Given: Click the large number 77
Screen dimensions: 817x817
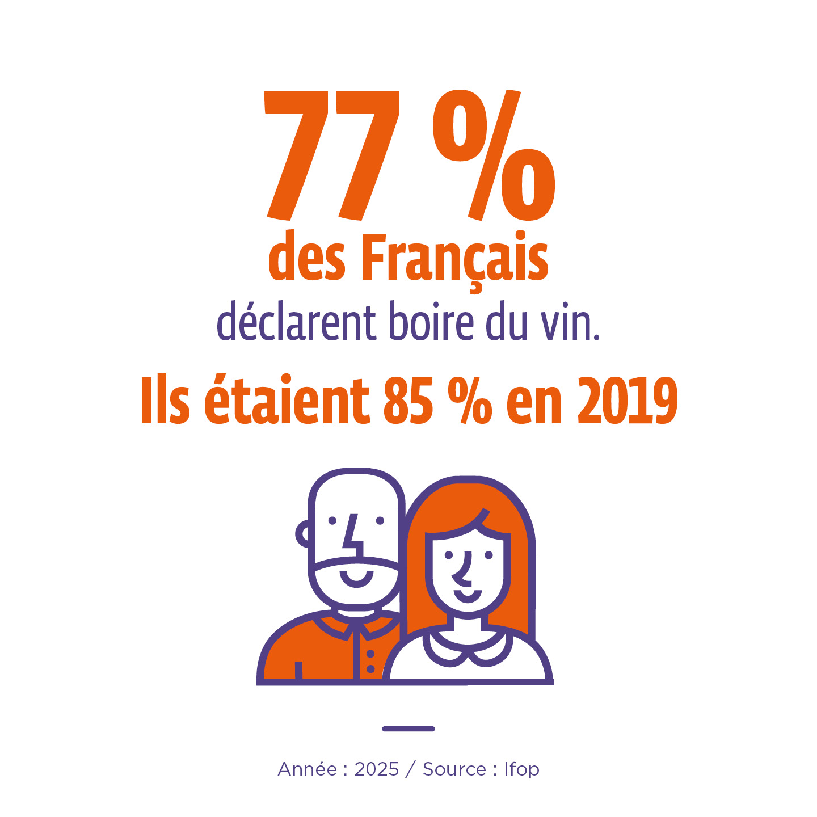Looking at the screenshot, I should pos(332,156).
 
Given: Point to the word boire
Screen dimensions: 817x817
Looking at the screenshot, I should pos(431,322).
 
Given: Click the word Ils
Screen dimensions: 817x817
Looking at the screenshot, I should pos(165,399).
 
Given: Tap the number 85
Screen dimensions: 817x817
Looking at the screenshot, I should pos(408,401).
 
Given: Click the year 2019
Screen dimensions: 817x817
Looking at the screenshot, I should pos(627,401).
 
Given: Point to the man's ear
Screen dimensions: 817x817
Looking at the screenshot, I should pos(303,533).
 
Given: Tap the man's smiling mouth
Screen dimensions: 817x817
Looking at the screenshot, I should pos(356,579).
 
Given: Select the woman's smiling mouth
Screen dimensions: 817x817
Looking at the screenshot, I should pos(468,596).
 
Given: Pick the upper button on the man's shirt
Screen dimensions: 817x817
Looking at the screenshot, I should pos(370,654).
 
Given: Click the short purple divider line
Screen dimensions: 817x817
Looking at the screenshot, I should pos(408,728).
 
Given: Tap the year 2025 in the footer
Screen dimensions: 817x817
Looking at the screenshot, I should pos(377,769).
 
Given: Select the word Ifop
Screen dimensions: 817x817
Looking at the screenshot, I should pos(521,770).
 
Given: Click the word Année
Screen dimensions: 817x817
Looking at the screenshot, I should pos(307,769).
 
